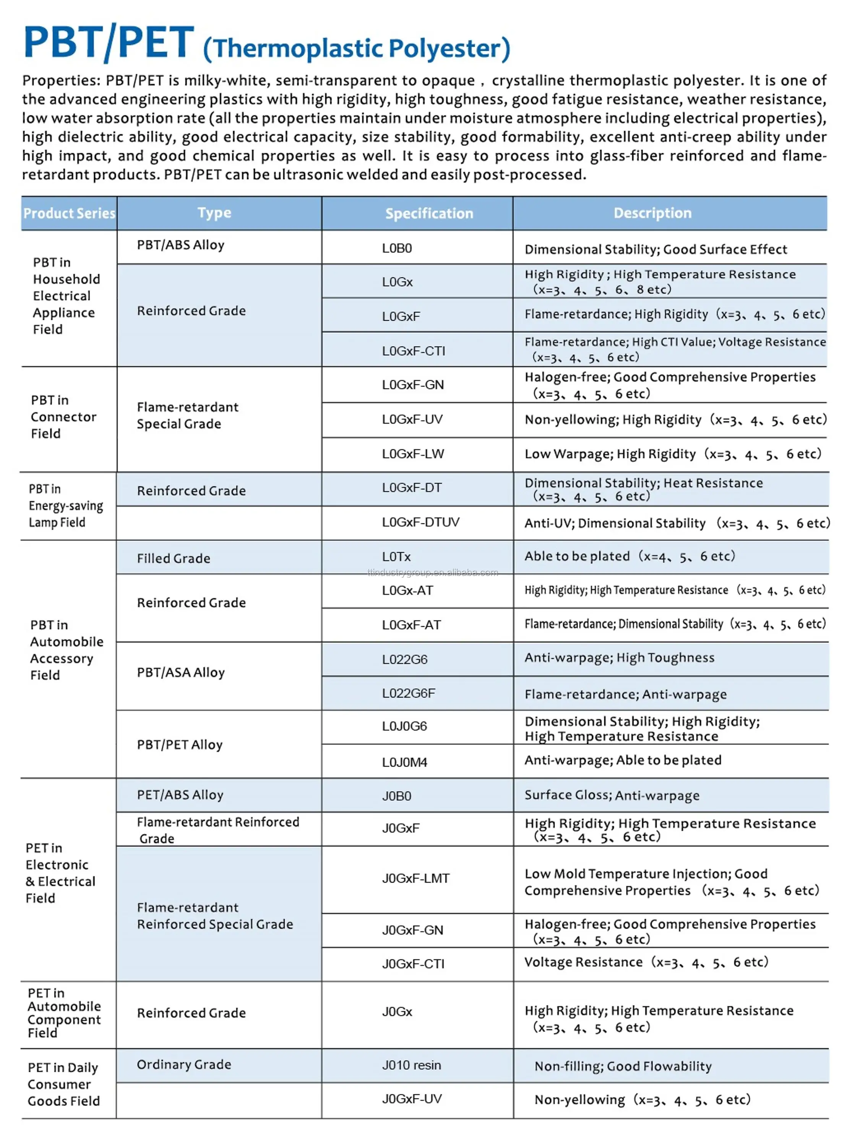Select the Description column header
pyautogui.click(x=652, y=213)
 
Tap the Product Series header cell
pyautogui.click(x=69, y=214)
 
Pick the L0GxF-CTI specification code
pyautogui.click(x=413, y=351)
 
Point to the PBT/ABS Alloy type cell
pyautogui.click(x=180, y=245)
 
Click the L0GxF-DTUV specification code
pyautogui.click(x=420, y=522)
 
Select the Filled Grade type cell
pyautogui.click(x=173, y=558)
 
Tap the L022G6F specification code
pyautogui.click(x=408, y=693)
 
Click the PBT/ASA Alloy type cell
pyautogui.click(x=180, y=672)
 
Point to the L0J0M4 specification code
pyautogui.click(x=404, y=762)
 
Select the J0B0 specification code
pyautogui.click(x=396, y=796)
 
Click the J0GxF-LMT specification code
pyautogui.click(x=415, y=878)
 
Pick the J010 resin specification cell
pyautogui.click(x=412, y=1065)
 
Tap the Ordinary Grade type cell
pyautogui.click(x=183, y=1064)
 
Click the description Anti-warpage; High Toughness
pyautogui.click(x=619, y=658)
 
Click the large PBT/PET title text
pyautogui.click(x=109, y=42)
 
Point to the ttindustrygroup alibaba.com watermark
pyautogui.click(x=432, y=573)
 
